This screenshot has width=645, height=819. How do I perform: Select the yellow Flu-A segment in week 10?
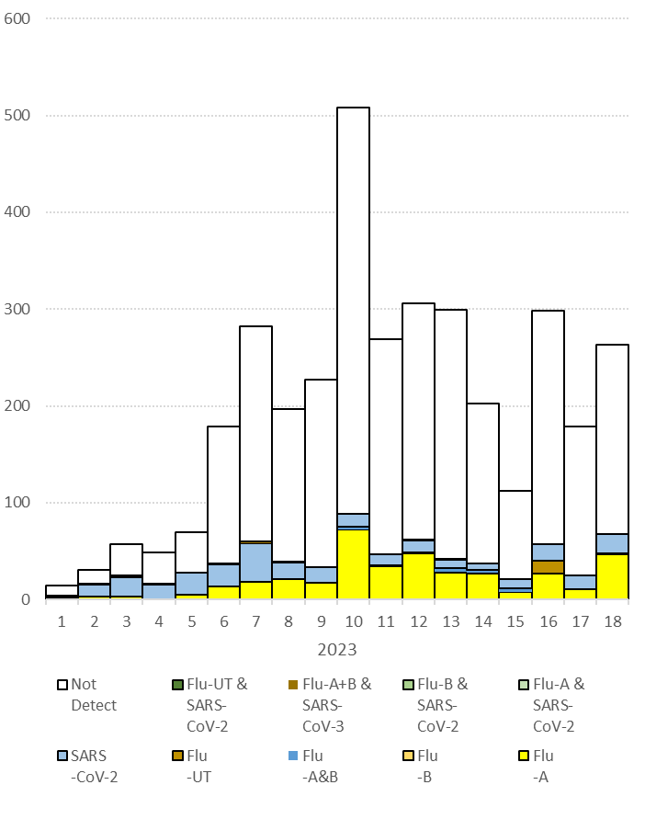pos(353,564)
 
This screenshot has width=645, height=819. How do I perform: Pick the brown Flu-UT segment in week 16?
pos(548,567)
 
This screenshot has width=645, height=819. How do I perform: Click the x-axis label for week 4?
pos(159,622)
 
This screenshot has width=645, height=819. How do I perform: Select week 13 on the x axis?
pos(450,622)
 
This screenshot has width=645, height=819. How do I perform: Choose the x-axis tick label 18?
pos(612,622)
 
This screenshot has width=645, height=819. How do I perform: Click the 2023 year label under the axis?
pos(337,650)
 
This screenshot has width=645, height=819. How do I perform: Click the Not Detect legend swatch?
pos(62,685)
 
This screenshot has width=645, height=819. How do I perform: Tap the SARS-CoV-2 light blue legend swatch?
pos(62,756)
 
